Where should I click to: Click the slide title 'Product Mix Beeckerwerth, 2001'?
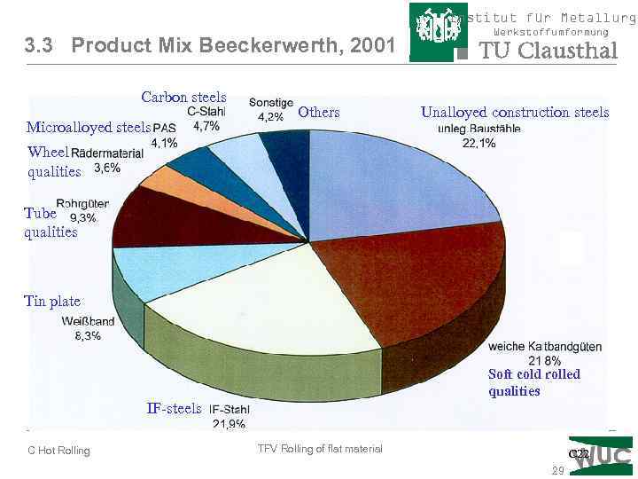tap(232, 45)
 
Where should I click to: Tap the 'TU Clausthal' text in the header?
tap(548, 51)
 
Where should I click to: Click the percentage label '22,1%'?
tap(479, 144)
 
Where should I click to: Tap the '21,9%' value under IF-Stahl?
tap(229, 424)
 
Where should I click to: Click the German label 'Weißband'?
tap(88, 321)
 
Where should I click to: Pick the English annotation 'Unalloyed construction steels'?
tap(515, 113)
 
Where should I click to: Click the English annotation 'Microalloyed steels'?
tap(89, 128)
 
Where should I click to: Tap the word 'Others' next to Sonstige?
tap(318, 112)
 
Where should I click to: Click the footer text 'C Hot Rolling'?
tap(58, 451)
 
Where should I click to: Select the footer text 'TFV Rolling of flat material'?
tap(320, 449)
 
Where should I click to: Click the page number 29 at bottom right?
tap(557, 471)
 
